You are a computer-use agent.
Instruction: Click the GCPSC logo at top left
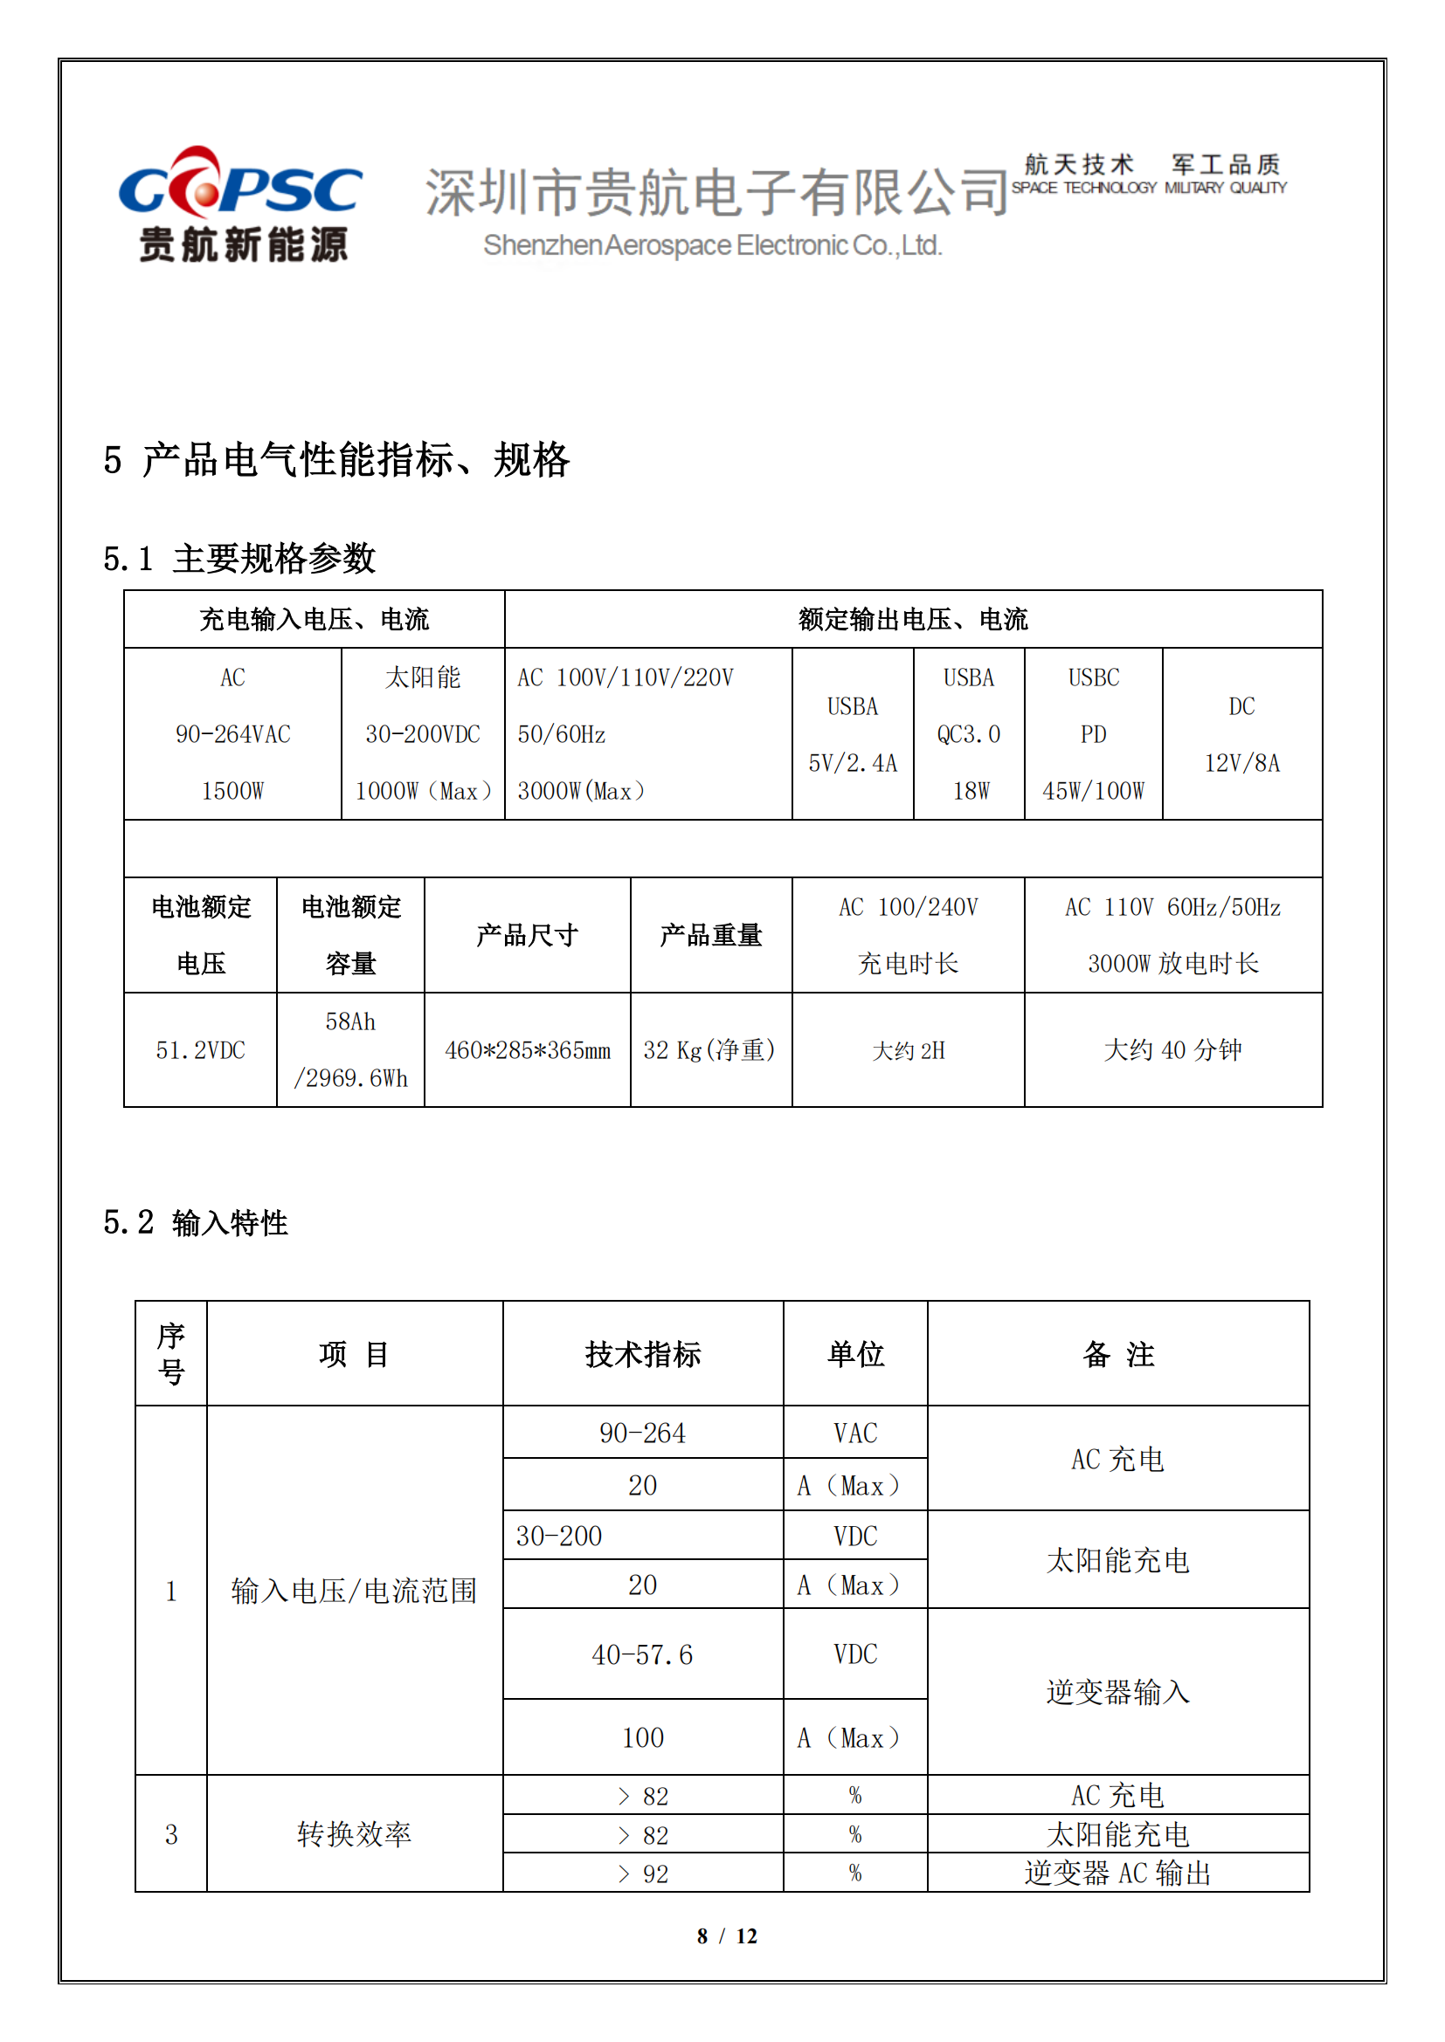pos(240,204)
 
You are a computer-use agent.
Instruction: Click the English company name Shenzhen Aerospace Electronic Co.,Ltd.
pos(712,245)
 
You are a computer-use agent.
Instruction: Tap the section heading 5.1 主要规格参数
pos(239,560)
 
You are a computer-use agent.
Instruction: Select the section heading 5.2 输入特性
pos(196,1223)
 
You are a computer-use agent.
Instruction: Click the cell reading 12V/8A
pos(1241,763)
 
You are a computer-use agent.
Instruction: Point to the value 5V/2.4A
pos(852,763)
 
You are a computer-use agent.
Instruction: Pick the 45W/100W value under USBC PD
pos(1093,791)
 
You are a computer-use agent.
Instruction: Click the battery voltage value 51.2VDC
pos(200,1050)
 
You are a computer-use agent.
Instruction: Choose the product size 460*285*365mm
pos(528,1050)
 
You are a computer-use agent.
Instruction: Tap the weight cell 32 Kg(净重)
pos(710,1050)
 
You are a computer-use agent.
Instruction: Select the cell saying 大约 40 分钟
pos(1172,1050)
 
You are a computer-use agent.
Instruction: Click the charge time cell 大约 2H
pos(908,1050)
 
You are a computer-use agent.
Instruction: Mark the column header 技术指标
pos(642,1355)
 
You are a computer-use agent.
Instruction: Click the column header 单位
pos(855,1355)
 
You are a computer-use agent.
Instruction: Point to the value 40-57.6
pos(642,1655)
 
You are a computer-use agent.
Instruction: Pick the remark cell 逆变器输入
pos(1117,1692)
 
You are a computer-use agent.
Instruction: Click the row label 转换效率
pos(354,1834)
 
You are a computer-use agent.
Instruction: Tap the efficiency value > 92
pos(643,1874)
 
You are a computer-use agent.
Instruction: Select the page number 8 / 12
pos(727,1936)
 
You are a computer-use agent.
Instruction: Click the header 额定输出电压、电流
pos(913,619)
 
